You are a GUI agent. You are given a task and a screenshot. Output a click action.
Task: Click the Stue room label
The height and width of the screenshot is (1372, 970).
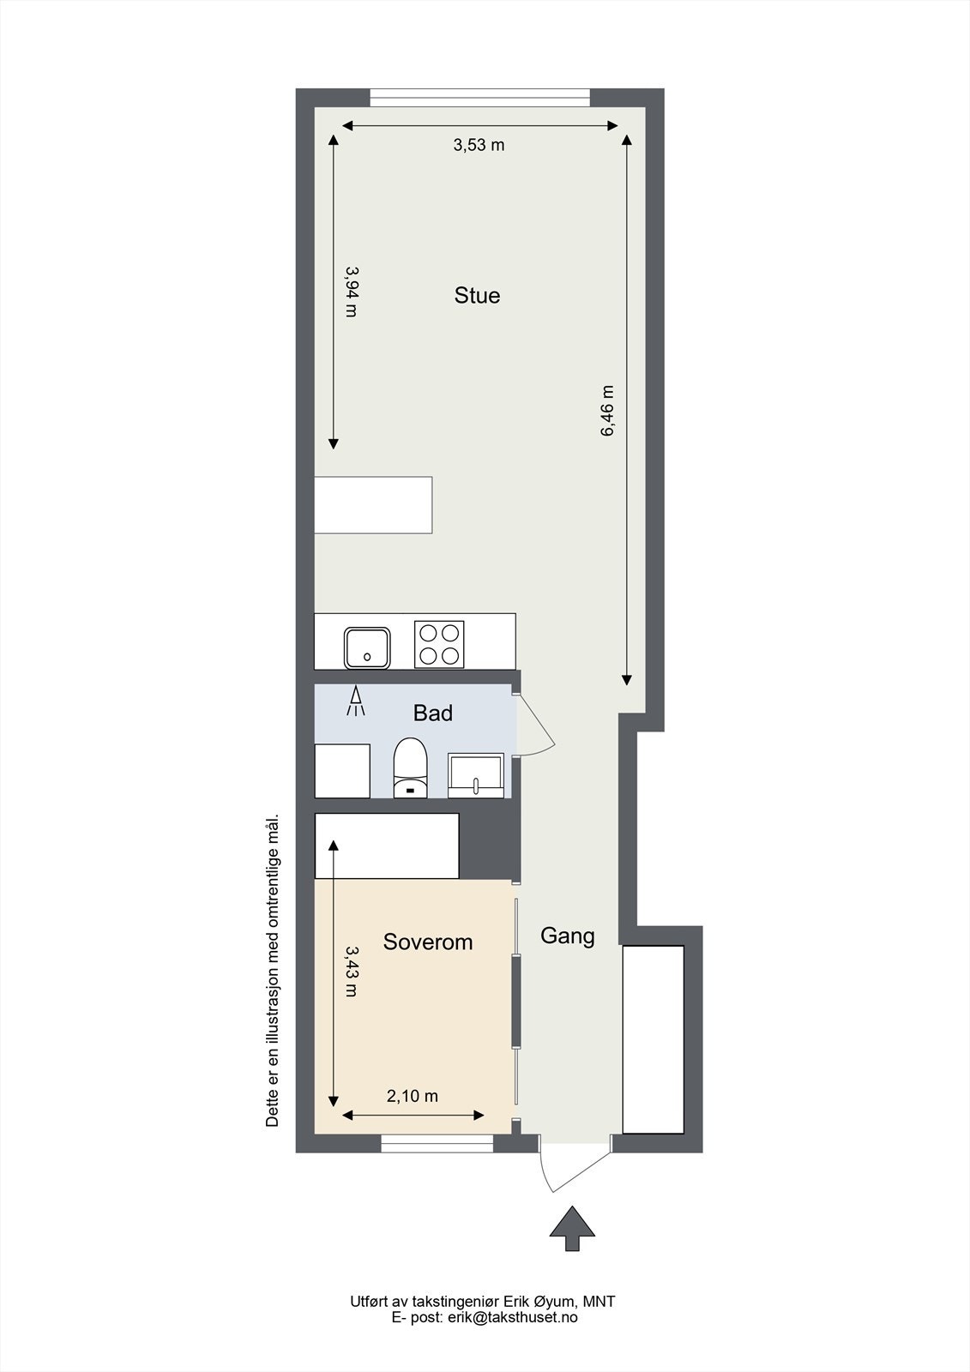(x=477, y=296)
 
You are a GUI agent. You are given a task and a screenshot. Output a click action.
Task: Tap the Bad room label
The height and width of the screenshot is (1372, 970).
(x=432, y=713)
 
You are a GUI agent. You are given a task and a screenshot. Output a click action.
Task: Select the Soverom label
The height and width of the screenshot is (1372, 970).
(x=428, y=942)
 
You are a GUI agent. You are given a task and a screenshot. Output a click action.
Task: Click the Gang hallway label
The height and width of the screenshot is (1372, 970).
(x=567, y=936)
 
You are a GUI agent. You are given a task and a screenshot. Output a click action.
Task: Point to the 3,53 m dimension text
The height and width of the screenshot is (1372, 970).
(x=479, y=145)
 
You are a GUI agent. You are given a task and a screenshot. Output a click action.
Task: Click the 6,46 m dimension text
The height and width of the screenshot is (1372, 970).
(x=608, y=411)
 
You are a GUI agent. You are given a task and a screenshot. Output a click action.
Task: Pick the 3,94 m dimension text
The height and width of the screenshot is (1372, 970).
(x=351, y=292)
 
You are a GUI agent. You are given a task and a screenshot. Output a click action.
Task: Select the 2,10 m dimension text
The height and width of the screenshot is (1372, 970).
(x=413, y=1096)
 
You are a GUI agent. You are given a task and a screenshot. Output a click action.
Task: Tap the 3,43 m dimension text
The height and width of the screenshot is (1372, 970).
(x=351, y=972)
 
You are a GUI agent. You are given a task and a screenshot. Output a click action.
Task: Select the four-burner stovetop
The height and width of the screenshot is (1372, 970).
(x=439, y=645)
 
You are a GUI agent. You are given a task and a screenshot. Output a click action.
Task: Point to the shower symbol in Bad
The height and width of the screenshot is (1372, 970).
(x=356, y=701)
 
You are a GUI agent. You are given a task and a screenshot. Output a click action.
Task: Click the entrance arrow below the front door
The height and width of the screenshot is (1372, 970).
(x=573, y=1227)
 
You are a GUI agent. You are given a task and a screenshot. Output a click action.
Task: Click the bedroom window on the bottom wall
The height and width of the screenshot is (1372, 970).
(x=437, y=1143)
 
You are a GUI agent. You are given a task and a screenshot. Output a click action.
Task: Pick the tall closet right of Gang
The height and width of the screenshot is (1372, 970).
(x=653, y=1039)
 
